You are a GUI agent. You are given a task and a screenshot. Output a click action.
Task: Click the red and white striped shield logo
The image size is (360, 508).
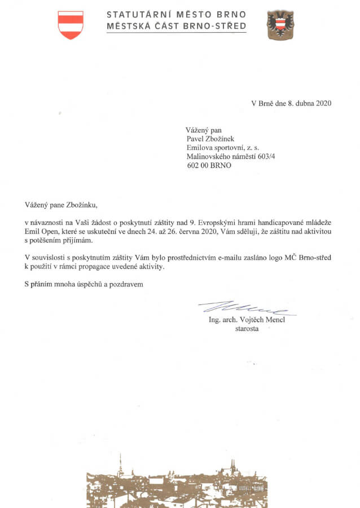(71, 25)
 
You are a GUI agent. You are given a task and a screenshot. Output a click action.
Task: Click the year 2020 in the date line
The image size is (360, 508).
(323, 103)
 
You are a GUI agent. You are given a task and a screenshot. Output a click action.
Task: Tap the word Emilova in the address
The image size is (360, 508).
(200, 148)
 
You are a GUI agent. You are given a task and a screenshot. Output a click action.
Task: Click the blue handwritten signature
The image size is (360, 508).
(245, 308)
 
